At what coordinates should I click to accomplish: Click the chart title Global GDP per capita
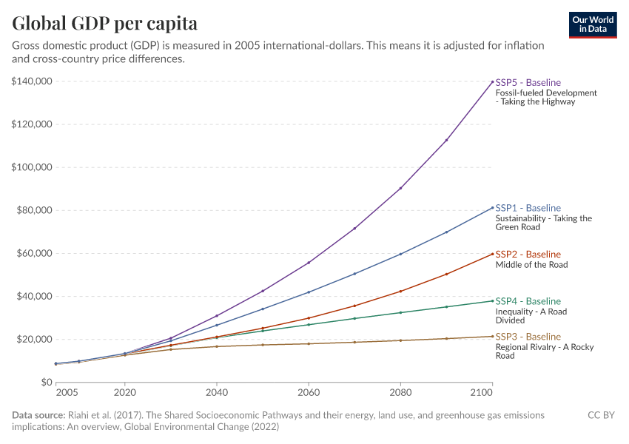[104, 24]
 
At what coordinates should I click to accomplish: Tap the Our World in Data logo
[593, 24]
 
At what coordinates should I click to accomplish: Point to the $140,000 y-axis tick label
[31, 81]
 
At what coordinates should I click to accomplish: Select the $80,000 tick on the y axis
[34, 210]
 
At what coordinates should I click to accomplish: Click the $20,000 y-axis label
[34, 339]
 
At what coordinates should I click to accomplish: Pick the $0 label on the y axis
[45, 382]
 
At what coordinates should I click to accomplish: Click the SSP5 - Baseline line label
[528, 82]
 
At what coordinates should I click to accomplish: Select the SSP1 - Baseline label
[528, 208]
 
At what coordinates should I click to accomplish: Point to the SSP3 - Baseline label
[528, 337]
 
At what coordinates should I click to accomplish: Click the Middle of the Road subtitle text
[531, 265]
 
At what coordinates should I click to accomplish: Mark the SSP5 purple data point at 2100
[493, 81]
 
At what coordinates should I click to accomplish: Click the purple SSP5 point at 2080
[400, 188]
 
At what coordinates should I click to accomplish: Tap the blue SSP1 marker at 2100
[493, 208]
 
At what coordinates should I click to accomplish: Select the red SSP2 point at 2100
[493, 254]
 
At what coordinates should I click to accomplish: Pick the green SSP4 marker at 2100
[493, 300]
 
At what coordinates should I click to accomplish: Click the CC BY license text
[601, 416]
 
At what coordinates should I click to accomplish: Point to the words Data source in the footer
[38, 416]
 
